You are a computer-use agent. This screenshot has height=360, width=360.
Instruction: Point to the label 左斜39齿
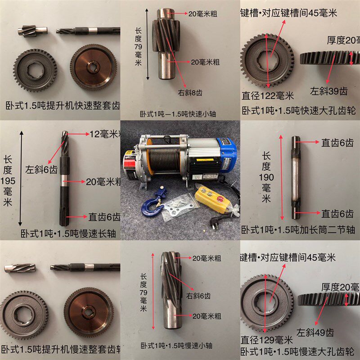(x=329, y=92)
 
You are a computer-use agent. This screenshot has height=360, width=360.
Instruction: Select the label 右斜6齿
(x=198, y=296)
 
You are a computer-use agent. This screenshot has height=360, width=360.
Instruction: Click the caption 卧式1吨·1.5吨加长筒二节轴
(x=300, y=229)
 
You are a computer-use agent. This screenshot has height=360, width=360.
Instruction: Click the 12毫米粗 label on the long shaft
(x=104, y=134)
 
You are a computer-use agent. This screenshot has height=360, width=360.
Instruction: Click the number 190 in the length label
(x=266, y=177)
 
